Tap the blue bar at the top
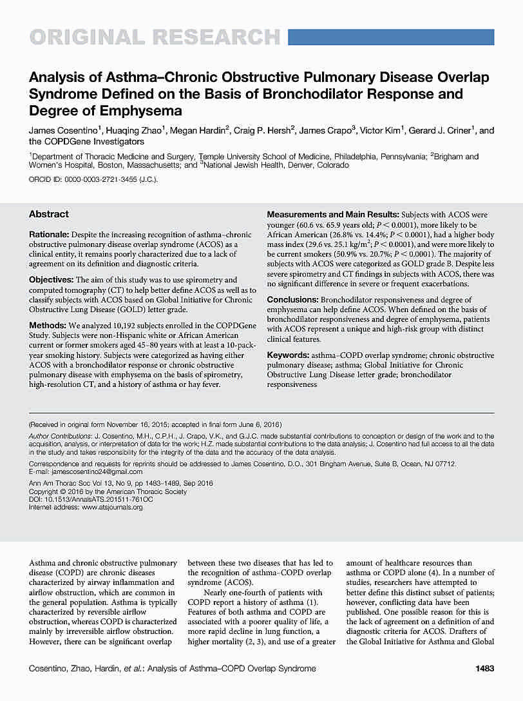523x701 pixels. click(x=390, y=37)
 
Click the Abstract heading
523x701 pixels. click(x=49, y=214)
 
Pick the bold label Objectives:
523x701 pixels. click(x=52, y=280)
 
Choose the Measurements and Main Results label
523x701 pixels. click(x=333, y=214)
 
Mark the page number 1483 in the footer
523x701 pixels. click(x=484, y=669)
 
